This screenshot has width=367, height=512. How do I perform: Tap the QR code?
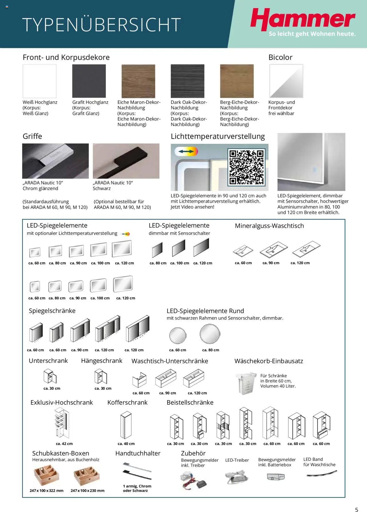246,167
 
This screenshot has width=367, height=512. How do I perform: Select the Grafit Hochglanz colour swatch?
89,81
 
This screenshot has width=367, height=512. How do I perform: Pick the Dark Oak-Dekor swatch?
188,81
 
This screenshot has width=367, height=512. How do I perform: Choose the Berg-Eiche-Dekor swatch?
237,81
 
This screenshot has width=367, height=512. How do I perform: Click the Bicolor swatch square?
286,81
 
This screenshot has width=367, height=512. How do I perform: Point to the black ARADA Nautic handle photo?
126,161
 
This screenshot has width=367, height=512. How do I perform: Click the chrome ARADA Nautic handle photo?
55,161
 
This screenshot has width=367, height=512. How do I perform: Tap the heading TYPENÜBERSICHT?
101,25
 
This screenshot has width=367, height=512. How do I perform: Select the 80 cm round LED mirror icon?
210,334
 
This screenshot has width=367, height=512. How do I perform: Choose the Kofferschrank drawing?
126,425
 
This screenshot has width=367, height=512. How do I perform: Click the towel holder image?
137,471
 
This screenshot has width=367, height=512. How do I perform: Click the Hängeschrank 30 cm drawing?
101,376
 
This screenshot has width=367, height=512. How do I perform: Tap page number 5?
357,502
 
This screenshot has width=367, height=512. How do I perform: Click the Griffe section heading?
32,136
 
